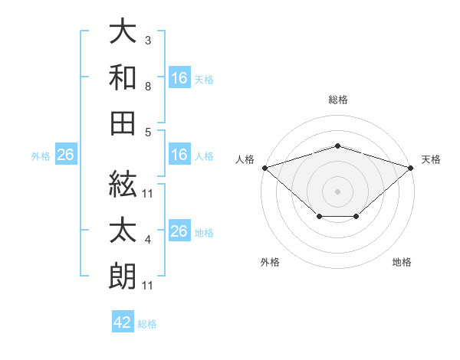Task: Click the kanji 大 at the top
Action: coord(123,31)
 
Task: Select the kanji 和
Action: coord(123,77)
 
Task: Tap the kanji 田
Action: coord(123,123)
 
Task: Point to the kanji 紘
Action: coord(123,185)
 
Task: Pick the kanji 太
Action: coord(123,230)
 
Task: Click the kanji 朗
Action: coord(123,277)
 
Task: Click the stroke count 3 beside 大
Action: coord(148,40)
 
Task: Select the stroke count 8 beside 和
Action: coord(148,87)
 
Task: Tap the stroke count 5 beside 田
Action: coord(148,133)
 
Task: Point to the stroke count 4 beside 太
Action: coord(148,240)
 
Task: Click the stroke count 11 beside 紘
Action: coord(147,194)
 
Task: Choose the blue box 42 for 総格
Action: coord(123,321)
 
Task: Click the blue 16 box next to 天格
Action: coord(180,77)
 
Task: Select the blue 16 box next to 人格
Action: coord(180,154)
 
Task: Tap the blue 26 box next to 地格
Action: coord(180,230)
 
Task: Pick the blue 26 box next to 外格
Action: coord(66,154)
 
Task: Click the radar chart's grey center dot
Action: coord(337,191)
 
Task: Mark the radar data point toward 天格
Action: coord(411,168)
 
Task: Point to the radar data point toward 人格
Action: coord(265,168)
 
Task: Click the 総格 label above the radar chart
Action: coord(338,100)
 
